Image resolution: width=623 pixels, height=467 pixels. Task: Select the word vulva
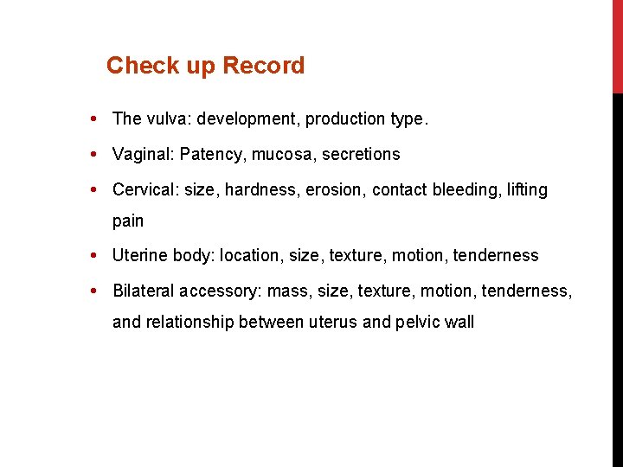click(169, 118)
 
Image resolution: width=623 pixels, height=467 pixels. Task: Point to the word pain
click(128, 221)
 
